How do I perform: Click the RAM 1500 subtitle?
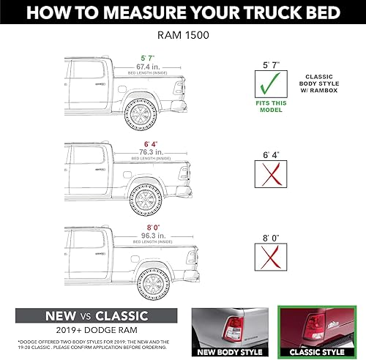point(182,34)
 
